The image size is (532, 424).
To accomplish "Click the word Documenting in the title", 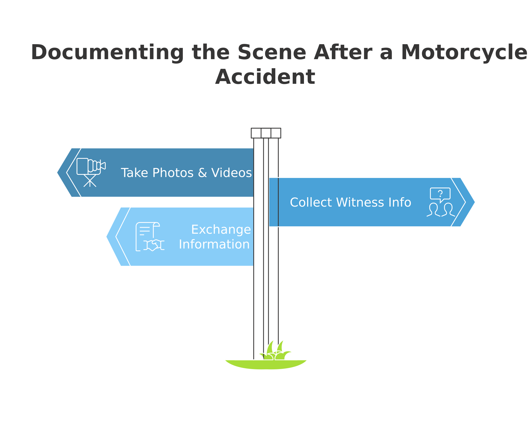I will click(107, 53).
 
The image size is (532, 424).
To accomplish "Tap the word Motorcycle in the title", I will click(464, 53).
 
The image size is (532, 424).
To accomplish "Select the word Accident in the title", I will click(265, 77).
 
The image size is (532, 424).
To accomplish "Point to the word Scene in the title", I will click(272, 53).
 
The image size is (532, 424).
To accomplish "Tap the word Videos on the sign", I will click(231, 173).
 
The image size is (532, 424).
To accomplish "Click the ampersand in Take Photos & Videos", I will click(202, 173).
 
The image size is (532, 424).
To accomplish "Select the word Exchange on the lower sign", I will click(221, 230).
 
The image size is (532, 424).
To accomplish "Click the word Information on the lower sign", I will click(214, 244).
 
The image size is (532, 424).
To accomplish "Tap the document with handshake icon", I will click(149, 237).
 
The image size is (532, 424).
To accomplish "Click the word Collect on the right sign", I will click(311, 202).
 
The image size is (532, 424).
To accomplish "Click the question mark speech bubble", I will click(440, 194).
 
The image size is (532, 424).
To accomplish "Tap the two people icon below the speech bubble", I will click(441, 210).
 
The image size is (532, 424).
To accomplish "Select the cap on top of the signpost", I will click(266, 133).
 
